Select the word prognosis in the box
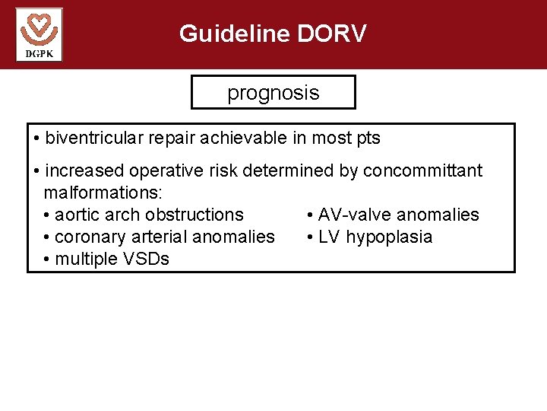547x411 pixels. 273,93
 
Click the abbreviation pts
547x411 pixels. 368,139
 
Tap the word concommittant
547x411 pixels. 422,170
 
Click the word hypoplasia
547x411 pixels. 389,237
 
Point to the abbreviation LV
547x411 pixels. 329,237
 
